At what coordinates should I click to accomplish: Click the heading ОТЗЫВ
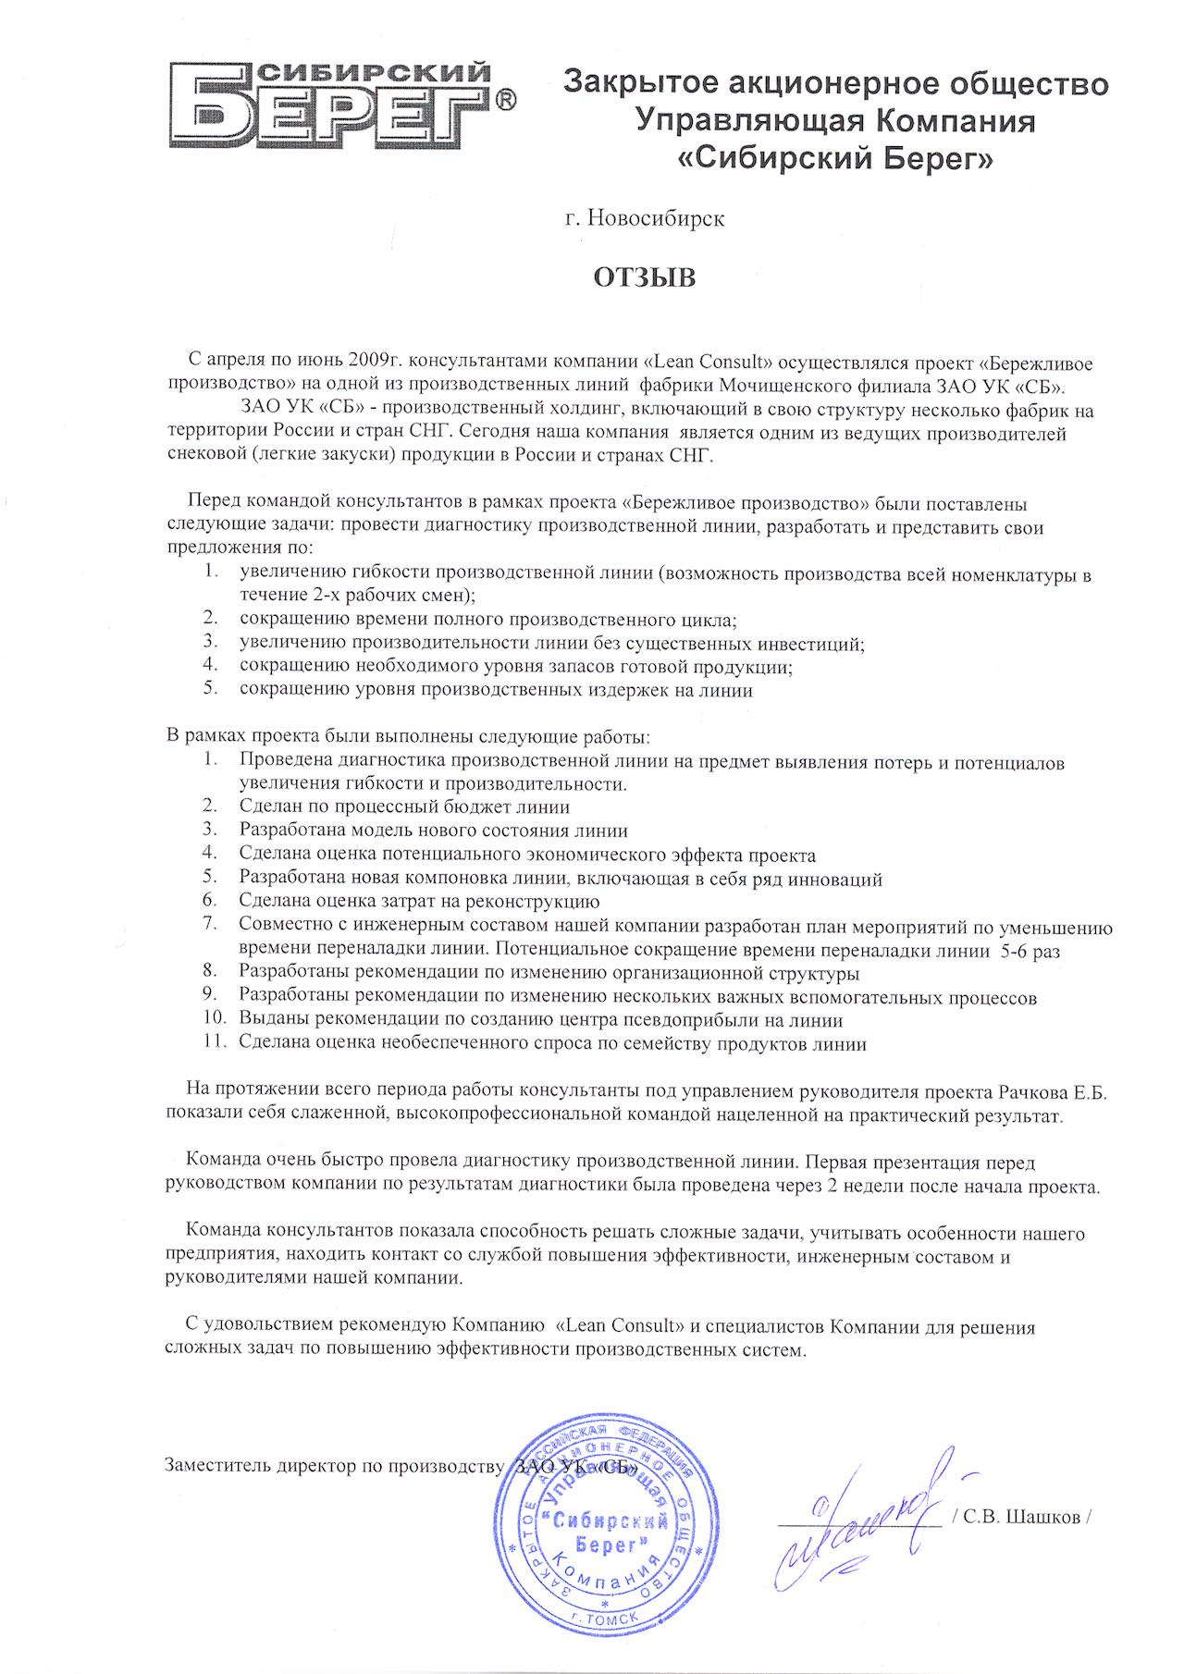(643, 277)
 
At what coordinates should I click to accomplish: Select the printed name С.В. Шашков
(1022, 1518)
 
